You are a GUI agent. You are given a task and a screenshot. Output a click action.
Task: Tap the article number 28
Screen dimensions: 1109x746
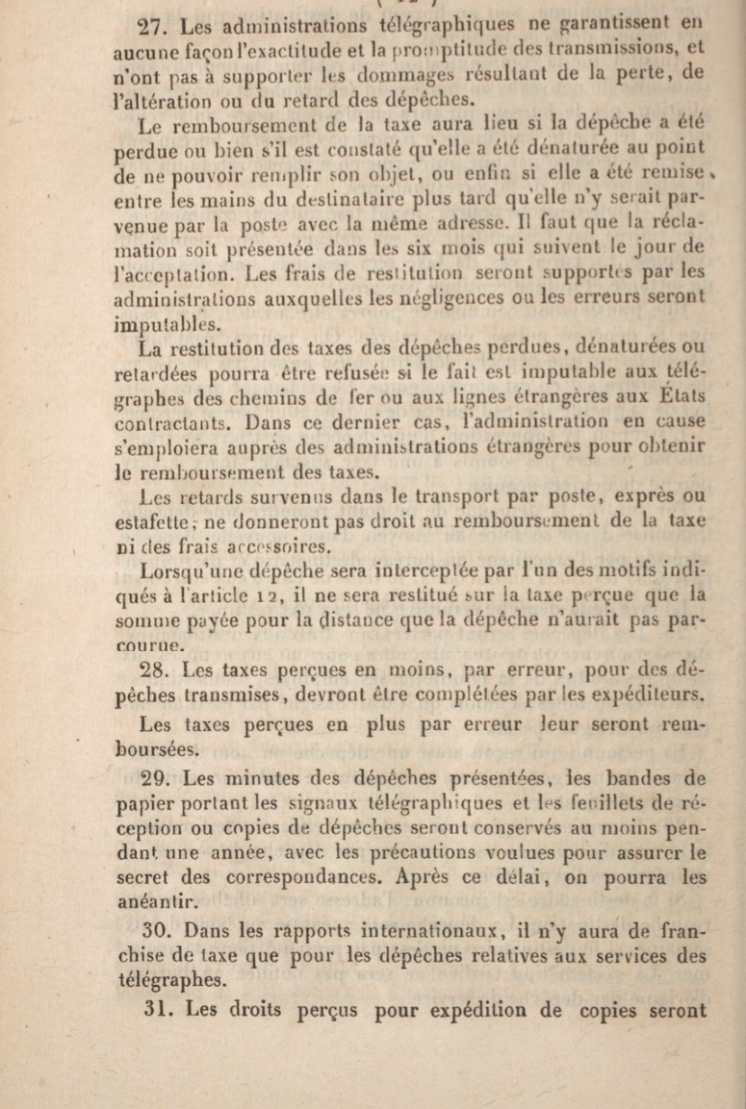pyautogui.click(x=154, y=669)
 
